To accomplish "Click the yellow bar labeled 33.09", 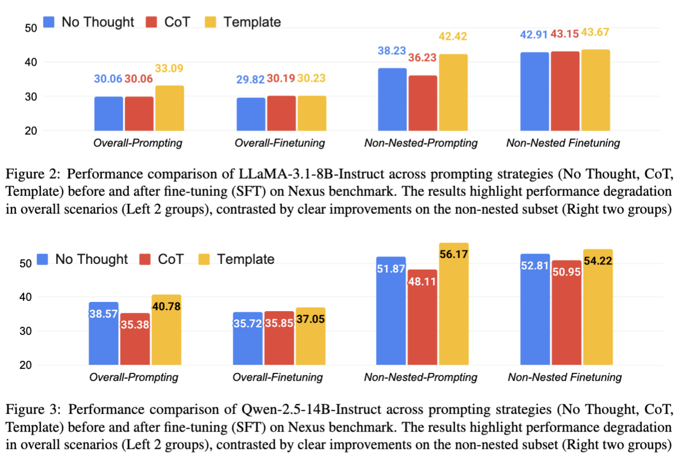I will coord(169,108).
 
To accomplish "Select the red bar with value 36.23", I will coord(423,103).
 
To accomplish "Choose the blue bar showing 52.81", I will coord(535,309).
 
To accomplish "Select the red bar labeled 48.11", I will coord(422,317).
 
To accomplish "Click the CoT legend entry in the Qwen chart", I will coord(162,259).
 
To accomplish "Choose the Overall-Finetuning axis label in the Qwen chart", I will coord(279,378).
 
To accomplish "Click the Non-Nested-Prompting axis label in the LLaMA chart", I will coord(421,142).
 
